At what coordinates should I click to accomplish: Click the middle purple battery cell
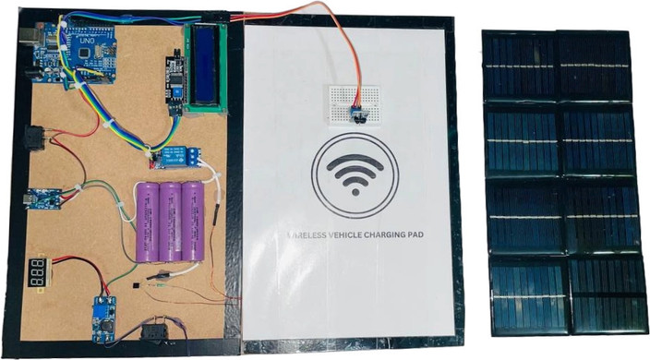click(x=172, y=222)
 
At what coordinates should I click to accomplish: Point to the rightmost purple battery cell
click(x=193, y=221)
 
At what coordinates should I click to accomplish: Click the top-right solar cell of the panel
click(x=595, y=66)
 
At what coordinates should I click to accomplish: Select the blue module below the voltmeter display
click(x=104, y=318)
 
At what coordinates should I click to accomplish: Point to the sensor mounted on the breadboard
click(x=356, y=114)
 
